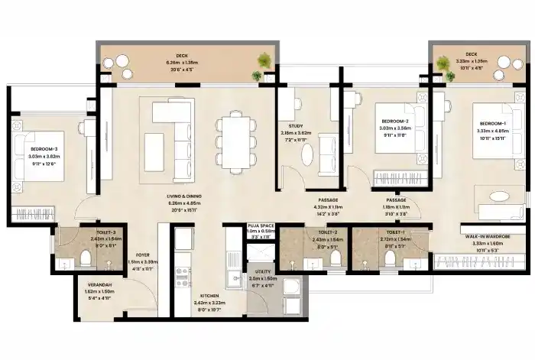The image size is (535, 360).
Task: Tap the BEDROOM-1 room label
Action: [492, 124]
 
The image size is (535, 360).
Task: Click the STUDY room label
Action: [296, 126]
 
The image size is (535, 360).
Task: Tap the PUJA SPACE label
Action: [261, 227]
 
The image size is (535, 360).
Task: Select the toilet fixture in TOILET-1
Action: [391, 260]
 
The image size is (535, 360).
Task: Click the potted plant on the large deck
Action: [262, 60]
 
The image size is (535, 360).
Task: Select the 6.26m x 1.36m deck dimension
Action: [181, 63]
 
